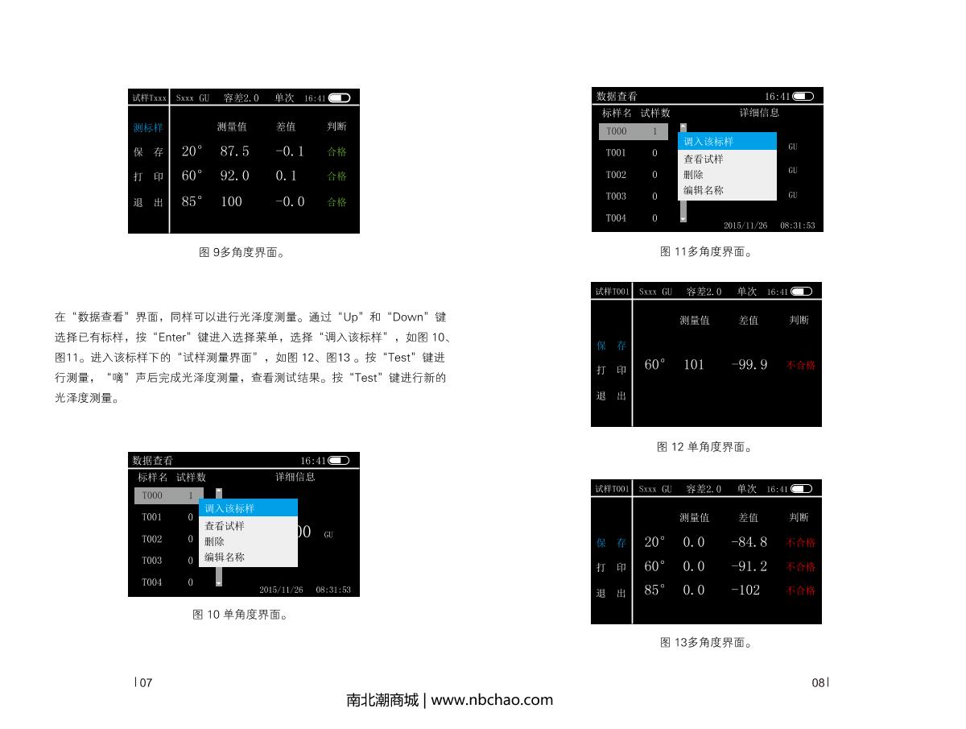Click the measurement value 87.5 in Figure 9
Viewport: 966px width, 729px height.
tap(234, 151)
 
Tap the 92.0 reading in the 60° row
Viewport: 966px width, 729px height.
tap(234, 176)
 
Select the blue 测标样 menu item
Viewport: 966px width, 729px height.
tap(148, 127)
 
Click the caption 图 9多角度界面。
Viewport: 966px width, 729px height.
tap(243, 252)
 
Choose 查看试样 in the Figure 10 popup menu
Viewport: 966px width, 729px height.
tap(225, 526)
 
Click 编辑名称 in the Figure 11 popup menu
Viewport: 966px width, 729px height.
tap(704, 190)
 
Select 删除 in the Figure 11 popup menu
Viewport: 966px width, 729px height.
tap(694, 174)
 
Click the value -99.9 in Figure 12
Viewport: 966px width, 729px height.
tap(749, 365)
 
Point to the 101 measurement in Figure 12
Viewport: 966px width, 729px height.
tap(693, 365)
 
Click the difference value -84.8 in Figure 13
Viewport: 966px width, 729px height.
tap(749, 542)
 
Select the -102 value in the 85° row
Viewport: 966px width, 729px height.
tap(745, 590)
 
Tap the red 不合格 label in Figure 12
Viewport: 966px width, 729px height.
tap(800, 365)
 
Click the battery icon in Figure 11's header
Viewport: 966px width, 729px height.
tap(803, 97)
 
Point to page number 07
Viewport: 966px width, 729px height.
tap(145, 683)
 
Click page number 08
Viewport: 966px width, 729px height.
tap(818, 683)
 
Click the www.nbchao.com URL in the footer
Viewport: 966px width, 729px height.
tap(492, 700)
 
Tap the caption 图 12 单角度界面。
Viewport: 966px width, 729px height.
tap(705, 447)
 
